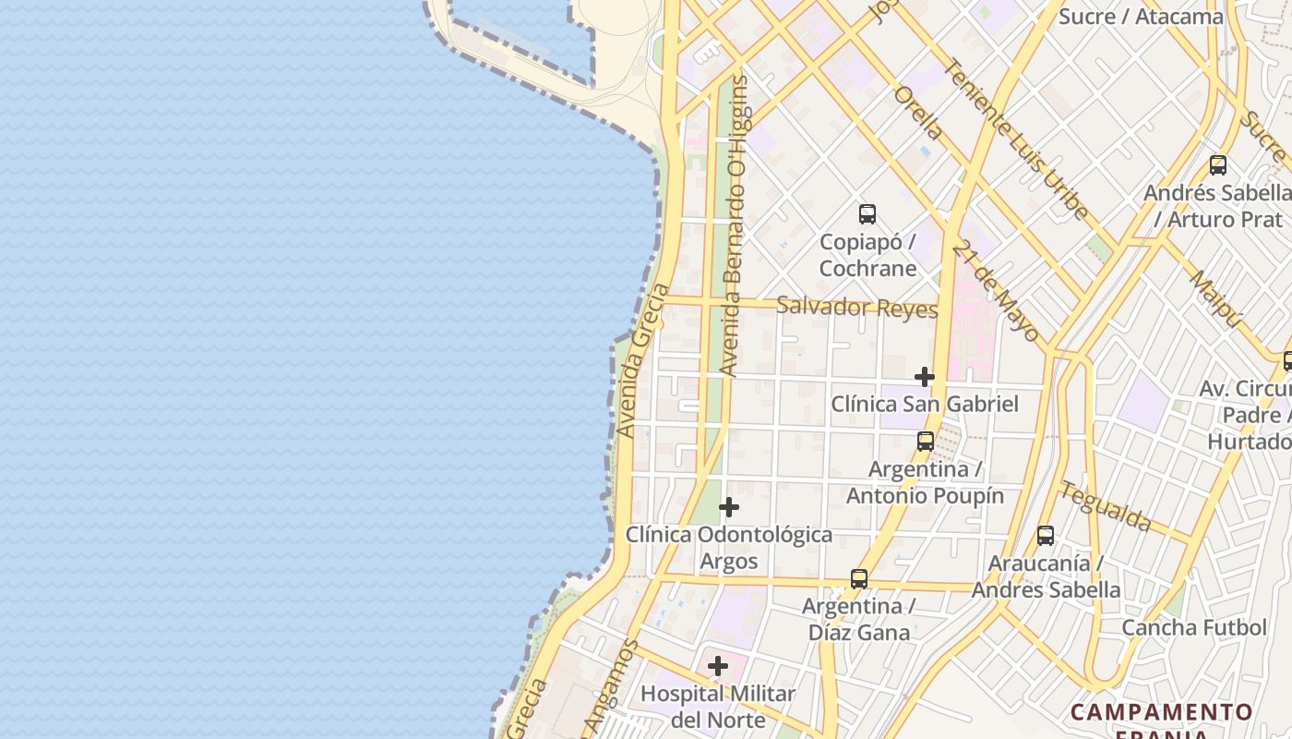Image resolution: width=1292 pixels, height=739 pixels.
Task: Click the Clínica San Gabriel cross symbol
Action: tap(924, 377)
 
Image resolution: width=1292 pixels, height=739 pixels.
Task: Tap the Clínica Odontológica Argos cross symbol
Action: tap(729, 507)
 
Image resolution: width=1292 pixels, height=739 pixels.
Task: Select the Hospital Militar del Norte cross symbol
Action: tap(718, 666)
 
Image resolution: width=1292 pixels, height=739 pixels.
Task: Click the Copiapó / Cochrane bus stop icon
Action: tap(867, 214)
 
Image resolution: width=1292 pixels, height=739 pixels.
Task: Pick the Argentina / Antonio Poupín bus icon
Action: tap(926, 442)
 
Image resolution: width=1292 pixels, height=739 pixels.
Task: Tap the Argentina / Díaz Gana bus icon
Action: tap(859, 579)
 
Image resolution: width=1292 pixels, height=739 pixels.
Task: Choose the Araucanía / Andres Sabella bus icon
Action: tap(1046, 536)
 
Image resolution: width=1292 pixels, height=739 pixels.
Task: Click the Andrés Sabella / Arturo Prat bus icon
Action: tap(1218, 165)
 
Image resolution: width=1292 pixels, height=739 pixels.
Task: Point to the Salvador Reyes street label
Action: tap(857, 308)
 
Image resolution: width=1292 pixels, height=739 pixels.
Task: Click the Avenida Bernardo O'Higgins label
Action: tap(736, 226)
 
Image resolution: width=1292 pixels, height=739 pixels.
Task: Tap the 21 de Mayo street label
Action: tap(998, 292)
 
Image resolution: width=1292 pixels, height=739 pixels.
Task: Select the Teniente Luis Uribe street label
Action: tap(1016, 139)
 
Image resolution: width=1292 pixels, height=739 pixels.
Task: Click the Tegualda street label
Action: tap(1106, 506)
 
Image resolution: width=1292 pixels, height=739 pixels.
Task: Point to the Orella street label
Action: tap(918, 113)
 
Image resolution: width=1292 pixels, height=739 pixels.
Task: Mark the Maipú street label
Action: tap(1216, 297)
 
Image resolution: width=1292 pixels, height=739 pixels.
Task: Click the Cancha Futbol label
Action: tap(1194, 628)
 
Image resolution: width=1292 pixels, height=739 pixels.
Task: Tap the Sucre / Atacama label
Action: tap(1141, 17)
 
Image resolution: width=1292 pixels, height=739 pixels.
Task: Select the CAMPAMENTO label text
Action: tap(1162, 712)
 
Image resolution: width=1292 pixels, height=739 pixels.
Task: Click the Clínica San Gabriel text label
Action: tap(925, 404)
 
